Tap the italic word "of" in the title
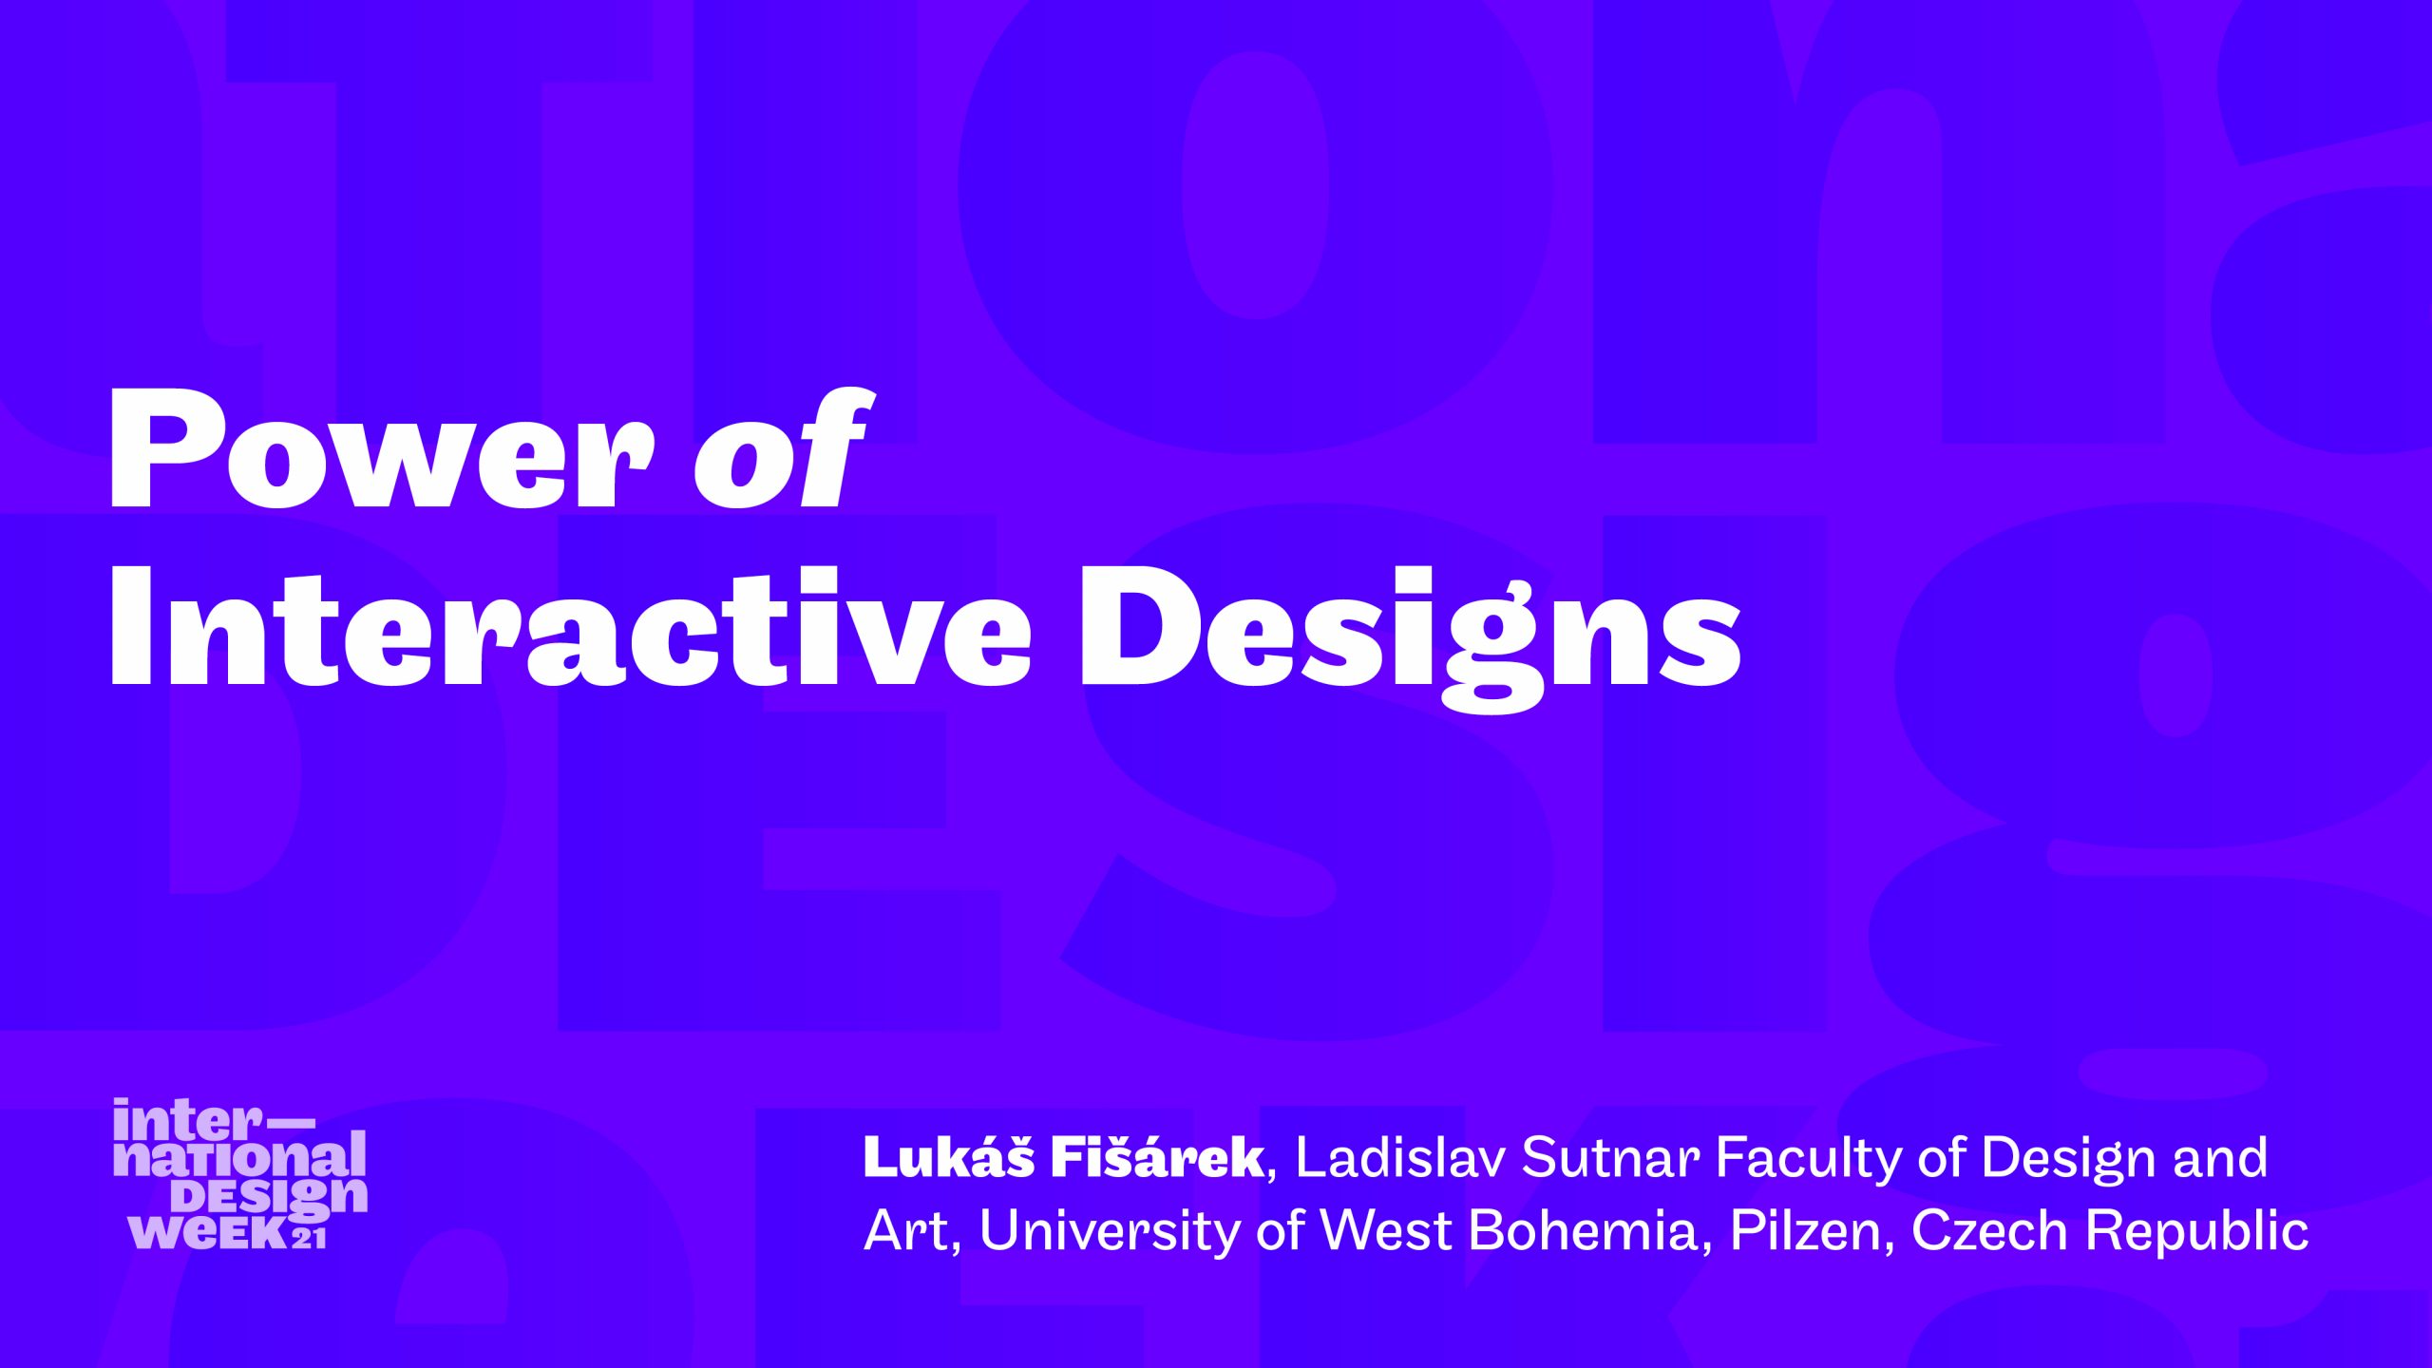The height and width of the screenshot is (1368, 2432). point(781,446)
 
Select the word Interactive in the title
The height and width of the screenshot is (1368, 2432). point(571,627)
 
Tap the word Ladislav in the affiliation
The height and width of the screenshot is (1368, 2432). point(1400,1157)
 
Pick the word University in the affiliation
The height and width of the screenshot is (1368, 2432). point(1109,1231)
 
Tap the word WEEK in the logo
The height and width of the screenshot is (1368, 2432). point(208,1231)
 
